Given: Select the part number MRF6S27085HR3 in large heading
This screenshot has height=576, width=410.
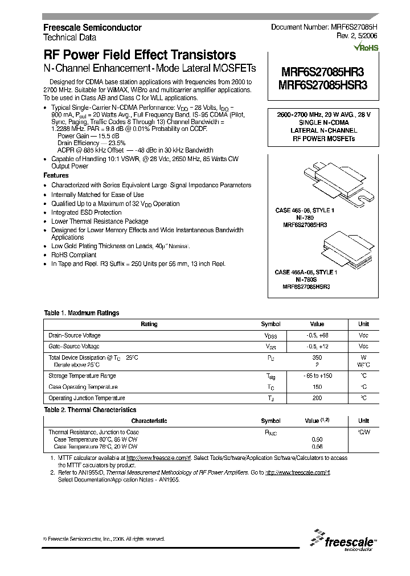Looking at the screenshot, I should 322,72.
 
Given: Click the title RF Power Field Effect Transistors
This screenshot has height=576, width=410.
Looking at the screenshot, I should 140,55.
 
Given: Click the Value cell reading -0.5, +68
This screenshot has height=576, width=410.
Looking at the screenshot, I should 317,335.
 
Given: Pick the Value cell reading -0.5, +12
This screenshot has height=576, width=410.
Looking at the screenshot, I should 317,346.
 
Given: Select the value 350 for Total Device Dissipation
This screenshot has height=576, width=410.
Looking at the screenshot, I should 317,357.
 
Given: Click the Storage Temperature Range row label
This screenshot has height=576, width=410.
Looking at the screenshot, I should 82,376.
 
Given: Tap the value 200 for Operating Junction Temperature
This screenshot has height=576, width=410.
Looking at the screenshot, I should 317,398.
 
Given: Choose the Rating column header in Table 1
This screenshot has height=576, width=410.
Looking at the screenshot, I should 149,324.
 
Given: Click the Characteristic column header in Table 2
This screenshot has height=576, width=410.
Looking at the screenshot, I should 149,421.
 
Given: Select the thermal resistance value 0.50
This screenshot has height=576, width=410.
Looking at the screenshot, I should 317,439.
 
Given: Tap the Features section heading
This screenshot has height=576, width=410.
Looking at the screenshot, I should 56,176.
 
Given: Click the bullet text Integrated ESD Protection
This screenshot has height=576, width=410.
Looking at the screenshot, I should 86,212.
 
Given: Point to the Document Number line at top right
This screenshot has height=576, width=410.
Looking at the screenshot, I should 324,27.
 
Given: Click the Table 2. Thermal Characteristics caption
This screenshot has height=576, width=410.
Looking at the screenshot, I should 90,410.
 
